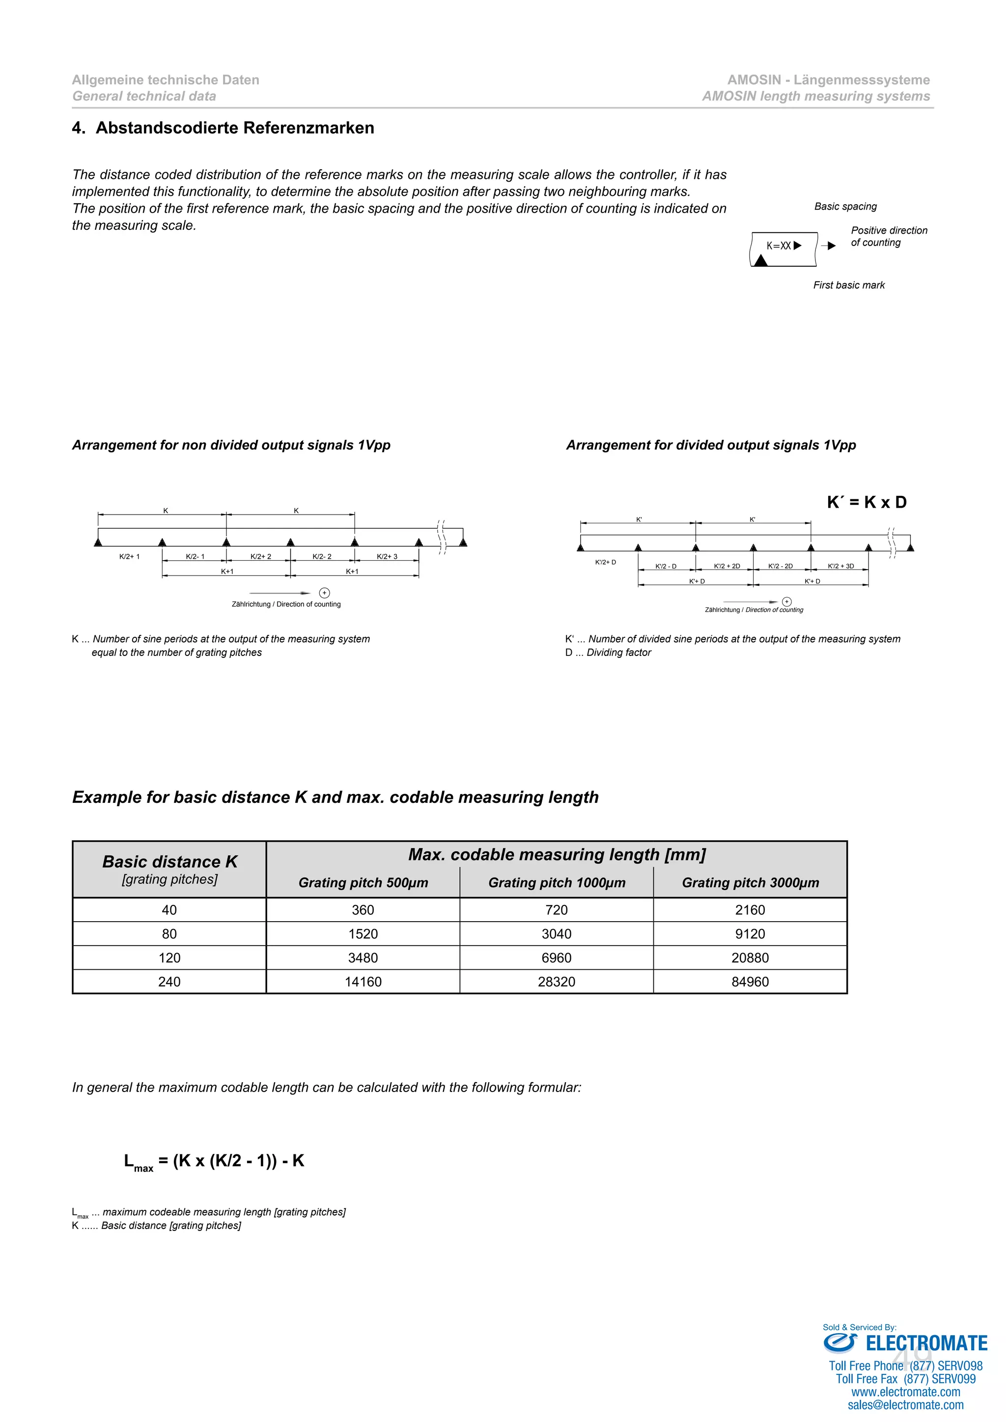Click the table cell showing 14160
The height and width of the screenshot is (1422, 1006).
[363, 982]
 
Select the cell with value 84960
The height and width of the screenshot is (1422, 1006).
[750, 982]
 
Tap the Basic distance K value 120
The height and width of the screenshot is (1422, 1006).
[169, 957]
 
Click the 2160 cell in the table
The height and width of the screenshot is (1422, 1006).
[750, 910]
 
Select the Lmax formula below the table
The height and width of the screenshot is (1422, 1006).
[214, 1161]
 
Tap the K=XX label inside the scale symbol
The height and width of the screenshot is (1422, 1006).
[779, 246]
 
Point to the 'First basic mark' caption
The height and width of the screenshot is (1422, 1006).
[849, 285]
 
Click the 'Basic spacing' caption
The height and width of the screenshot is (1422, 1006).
[845, 206]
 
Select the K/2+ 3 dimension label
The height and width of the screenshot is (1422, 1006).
[387, 556]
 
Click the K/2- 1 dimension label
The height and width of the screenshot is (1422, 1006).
[195, 556]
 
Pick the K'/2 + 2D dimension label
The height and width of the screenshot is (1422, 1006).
[727, 566]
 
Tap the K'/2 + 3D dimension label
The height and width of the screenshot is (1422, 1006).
[840, 566]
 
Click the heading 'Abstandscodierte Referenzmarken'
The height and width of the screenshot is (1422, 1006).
[235, 128]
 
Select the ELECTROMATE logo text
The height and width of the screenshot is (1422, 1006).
[925, 1343]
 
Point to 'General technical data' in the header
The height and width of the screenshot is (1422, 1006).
[144, 96]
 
